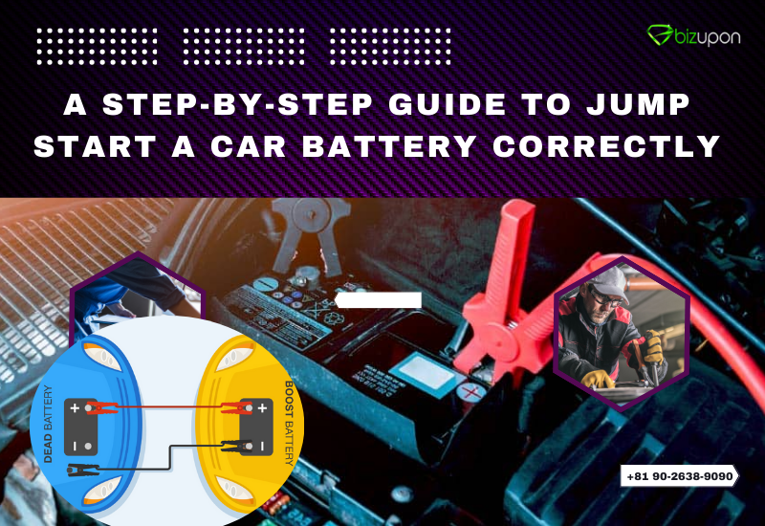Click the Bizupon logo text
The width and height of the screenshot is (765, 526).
coord(706,36)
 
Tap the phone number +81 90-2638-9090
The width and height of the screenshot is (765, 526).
coord(681,475)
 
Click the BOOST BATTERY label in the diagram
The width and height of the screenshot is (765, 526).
coord(289,420)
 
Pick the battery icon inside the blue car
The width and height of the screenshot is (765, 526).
coord(83,427)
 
